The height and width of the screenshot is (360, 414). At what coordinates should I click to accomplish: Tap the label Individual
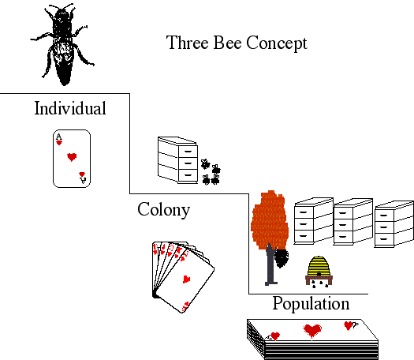[x=70, y=108]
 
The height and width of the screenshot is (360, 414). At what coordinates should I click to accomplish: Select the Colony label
[x=164, y=210]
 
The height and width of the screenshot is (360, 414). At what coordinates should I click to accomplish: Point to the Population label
[x=311, y=304]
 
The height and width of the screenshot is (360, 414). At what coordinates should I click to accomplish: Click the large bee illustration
[x=62, y=44]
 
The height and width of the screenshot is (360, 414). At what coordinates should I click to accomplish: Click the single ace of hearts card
[x=72, y=159]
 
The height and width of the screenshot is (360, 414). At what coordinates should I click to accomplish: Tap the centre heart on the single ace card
[x=72, y=157]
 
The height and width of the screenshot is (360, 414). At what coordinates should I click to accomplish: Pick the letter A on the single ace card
[x=59, y=137]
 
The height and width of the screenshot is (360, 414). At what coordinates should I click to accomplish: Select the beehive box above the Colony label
[x=177, y=160]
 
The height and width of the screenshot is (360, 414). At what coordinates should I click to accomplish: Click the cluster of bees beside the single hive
[x=211, y=172]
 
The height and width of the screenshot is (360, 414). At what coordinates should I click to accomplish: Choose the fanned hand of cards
[x=183, y=277]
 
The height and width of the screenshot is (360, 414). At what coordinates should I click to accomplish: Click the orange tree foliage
[x=270, y=220]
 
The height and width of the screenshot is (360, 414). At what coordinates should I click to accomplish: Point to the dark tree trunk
[x=270, y=264]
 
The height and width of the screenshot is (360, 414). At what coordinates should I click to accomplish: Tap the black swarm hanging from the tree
[x=282, y=258]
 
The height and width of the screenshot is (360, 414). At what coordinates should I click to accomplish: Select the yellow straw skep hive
[x=319, y=266]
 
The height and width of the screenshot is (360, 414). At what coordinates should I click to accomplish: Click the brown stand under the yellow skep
[x=319, y=280]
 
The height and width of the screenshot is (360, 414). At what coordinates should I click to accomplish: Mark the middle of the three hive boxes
[x=353, y=222]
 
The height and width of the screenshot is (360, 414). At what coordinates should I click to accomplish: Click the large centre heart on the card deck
[x=312, y=331]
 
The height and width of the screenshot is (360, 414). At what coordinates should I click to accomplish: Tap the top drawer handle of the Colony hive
[x=188, y=152]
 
